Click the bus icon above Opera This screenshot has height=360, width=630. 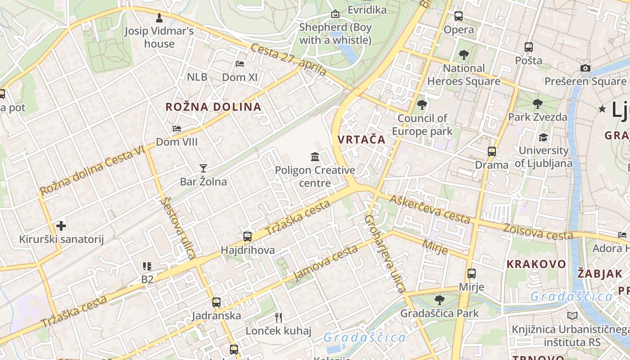(x=459, y=16)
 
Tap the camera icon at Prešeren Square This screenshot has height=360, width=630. (x=585, y=68)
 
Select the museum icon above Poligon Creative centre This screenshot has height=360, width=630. (x=315, y=157)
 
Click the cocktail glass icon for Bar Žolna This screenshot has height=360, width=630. (x=203, y=168)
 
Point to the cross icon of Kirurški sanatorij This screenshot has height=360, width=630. (x=61, y=225)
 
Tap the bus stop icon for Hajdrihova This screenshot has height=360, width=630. (x=247, y=236)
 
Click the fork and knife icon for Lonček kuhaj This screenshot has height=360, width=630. (x=279, y=318)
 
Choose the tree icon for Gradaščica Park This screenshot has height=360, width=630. (x=440, y=300)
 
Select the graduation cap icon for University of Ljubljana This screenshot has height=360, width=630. (x=543, y=137)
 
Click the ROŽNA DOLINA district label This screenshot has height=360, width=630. (x=213, y=107)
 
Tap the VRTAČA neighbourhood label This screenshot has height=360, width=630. (x=362, y=139)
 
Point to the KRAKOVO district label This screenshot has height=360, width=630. (x=536, y=264)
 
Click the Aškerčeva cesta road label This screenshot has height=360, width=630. (x=430, y=209)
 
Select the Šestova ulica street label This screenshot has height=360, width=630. (x=178, y=228)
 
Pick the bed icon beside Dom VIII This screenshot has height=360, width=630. (x=177, y=129)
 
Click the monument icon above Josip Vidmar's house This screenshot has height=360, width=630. (x=159, y=18)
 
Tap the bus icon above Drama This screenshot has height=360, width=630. (x=492, y=151)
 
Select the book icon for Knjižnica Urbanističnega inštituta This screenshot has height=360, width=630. (x=572, y=316)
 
